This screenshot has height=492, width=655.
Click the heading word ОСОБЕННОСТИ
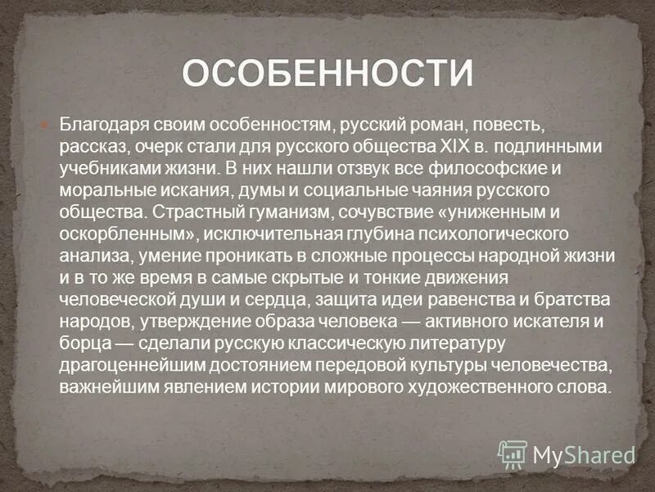[x=327, y=73]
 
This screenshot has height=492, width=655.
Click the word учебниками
[x=106, y=168]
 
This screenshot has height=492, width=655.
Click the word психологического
[x=493, y=233]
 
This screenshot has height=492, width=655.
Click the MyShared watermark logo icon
[x=513, y=453]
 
